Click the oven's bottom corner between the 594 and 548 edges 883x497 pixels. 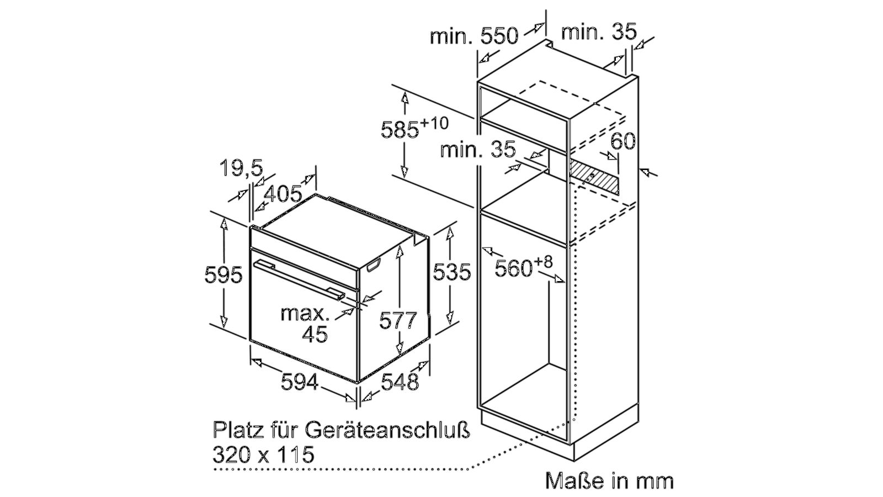(358, 382)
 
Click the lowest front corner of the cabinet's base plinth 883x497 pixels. (575, 461)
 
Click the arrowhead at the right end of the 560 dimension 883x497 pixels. (560, 279)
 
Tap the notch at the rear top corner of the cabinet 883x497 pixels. (548, 44)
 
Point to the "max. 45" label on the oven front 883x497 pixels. (305, 324)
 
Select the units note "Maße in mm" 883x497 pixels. (609, 481)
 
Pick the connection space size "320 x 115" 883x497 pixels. (263, 455)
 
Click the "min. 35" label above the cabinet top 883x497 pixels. (598, 31)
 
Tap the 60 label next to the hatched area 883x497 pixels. (623, 141)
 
